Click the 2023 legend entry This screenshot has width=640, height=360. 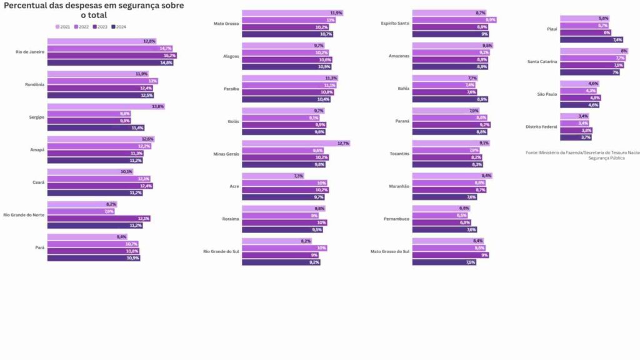(101, 27)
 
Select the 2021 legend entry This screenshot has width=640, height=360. (63, 27)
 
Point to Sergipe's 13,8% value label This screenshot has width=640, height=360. (158, 106)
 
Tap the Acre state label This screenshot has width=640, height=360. (234, 186)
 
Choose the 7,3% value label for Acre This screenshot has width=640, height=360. (298, 176)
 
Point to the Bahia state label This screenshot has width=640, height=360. (403, 88)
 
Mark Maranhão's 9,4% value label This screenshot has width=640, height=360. (486, 176)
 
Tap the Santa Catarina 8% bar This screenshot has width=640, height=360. (594, 51)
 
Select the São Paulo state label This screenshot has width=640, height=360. (547, 94)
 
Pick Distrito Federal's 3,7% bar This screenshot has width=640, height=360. (576, 137)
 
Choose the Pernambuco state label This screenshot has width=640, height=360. (396, 219)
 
